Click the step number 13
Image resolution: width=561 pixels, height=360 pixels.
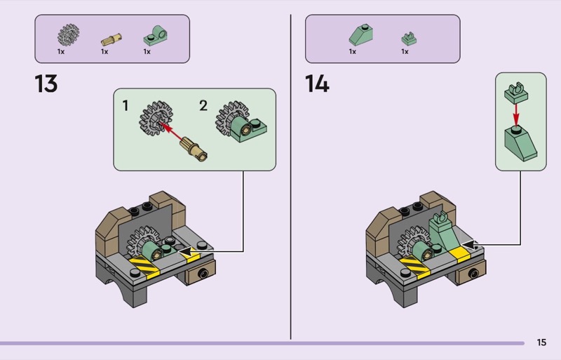(x=46, y=84)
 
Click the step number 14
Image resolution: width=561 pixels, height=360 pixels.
(x=317, y=84)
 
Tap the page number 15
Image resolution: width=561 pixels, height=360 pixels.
(x=541, y=342)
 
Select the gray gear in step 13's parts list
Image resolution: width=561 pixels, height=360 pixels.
(x=68, y=35)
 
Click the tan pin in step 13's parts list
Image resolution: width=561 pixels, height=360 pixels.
(x=111, y=39)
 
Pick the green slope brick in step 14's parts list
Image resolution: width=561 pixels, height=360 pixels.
(x=360, y=34)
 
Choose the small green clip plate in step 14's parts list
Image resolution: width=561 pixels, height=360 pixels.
(x=409, y=39)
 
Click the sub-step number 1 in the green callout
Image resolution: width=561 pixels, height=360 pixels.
(x=126, y=106)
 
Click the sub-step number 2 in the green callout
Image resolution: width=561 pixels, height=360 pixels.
(x=203, y=106)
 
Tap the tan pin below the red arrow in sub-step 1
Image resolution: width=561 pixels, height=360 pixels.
(x=194, y=149)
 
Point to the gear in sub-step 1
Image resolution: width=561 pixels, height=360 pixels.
(x=156, y=119)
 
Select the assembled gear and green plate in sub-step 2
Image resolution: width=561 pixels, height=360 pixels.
(x=241, y=121)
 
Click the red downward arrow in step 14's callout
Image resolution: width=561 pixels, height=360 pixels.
(x=515, y=114)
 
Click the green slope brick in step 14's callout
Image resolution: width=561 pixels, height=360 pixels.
(x=520, y=144)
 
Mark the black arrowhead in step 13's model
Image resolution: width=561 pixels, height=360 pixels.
(x=189, y=251)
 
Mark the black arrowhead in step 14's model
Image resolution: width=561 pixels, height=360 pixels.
(x=471, y=245)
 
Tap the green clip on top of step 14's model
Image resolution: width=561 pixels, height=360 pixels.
(x=440, y=217)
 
